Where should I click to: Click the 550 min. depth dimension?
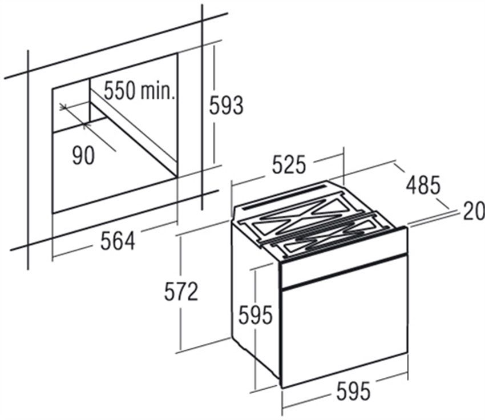(x=139, y=91)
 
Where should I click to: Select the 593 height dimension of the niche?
(x=227, y=105)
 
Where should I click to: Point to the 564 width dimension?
(x=118, y=241)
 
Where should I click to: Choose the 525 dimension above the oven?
(x=288, y=164)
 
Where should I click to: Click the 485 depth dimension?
(x=423, y=185)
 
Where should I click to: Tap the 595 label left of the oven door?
(x=256, y=314)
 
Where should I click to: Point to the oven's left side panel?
(x=255, y=297)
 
